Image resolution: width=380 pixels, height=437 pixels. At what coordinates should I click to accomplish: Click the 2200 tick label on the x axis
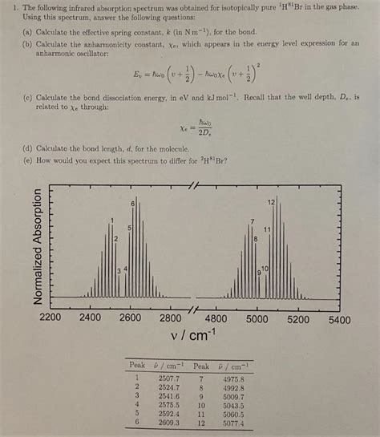point(51,318)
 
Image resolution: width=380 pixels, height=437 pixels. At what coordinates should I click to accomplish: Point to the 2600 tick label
point(130,318)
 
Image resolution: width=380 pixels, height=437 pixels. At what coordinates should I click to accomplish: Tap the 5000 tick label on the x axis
point(257,318)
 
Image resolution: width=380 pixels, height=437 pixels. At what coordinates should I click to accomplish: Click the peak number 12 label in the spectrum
point(272,201)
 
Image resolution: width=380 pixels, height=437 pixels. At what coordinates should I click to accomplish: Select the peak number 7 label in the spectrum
point(253,221)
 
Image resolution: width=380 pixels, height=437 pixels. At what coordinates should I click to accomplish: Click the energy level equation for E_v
point(188,78)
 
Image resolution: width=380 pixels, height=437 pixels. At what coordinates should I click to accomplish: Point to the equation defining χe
point(191,127)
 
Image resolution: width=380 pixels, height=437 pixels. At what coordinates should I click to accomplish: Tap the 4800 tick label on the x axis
point(216,318)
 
